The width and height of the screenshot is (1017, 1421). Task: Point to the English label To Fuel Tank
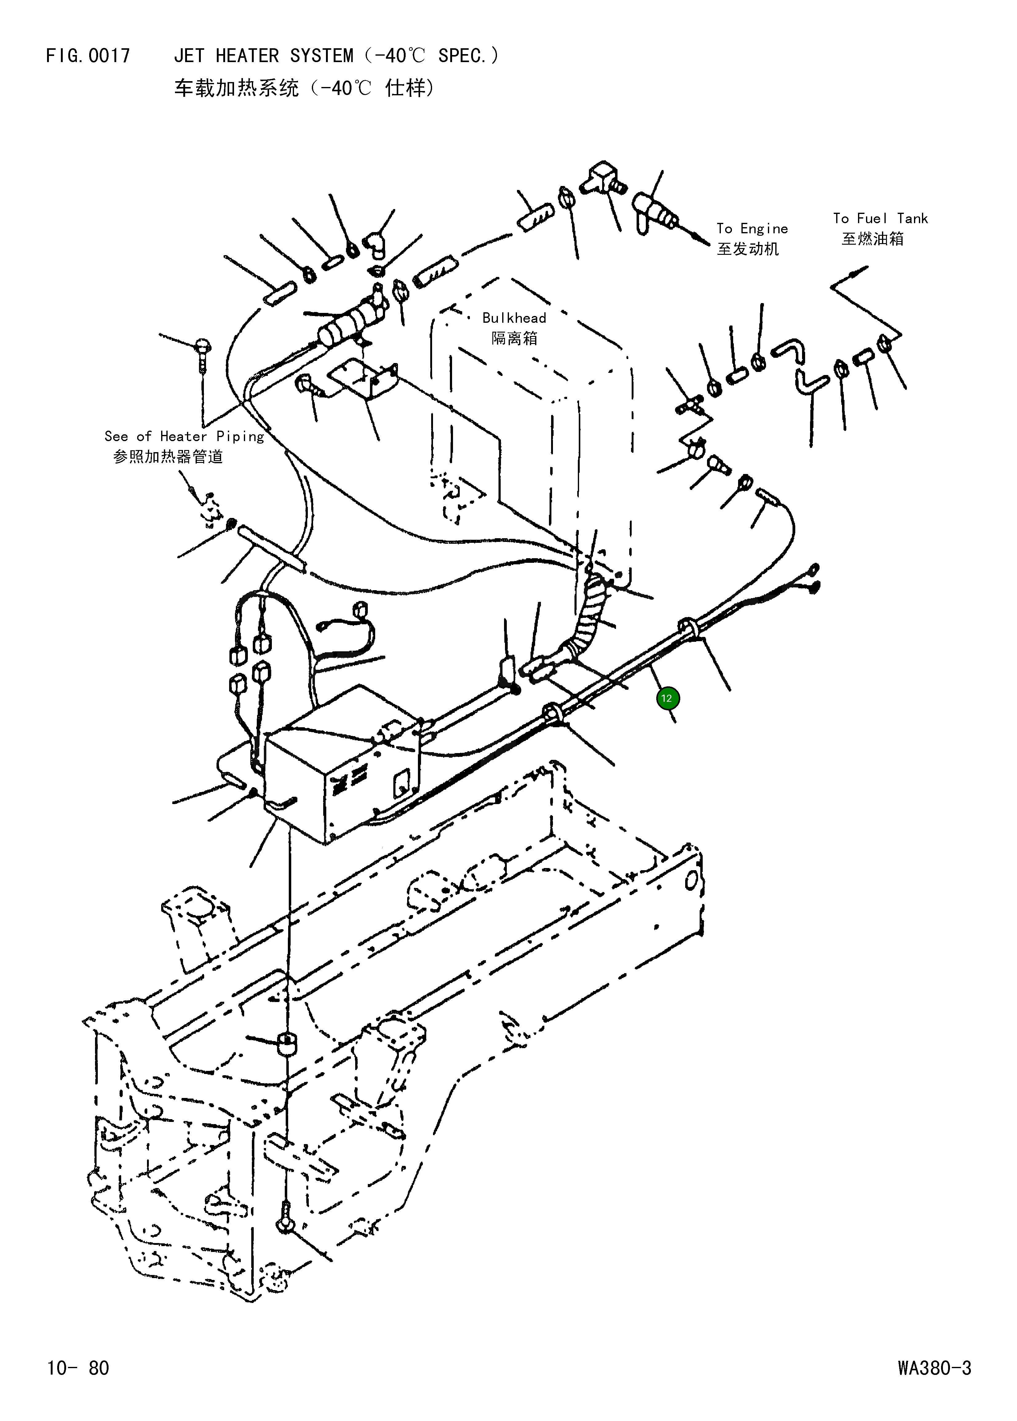tap(880, 219)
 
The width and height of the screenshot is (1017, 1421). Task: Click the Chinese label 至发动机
tap(748, 249)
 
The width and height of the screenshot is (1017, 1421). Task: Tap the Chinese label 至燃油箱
tap(872, 239)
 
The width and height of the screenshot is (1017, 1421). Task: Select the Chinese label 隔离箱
tap(514, 339)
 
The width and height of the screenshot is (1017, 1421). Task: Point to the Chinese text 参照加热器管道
tap(168, 457)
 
